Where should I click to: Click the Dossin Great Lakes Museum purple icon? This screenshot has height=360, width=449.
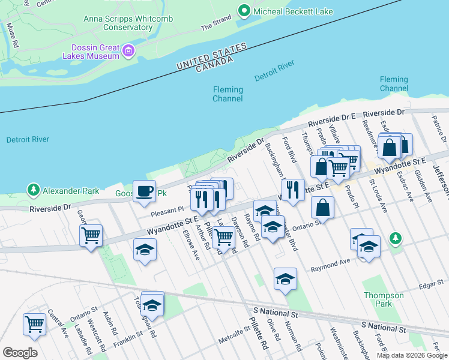click(127, 52)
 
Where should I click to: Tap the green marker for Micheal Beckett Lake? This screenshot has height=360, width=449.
click(244, 10)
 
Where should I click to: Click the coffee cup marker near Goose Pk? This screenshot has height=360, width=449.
click(144, 191)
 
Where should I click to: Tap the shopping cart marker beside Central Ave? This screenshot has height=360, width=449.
click(34, 325)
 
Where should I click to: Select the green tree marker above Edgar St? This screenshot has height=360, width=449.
click(395, 238)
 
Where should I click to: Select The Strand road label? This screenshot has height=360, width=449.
click(215, 23)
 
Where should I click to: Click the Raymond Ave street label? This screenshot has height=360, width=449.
click(330, 265)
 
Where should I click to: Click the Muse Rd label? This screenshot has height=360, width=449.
click(12, 35)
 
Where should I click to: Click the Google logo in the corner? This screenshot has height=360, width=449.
click(19, 352)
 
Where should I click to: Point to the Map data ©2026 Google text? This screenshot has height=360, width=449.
click(411, 355)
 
